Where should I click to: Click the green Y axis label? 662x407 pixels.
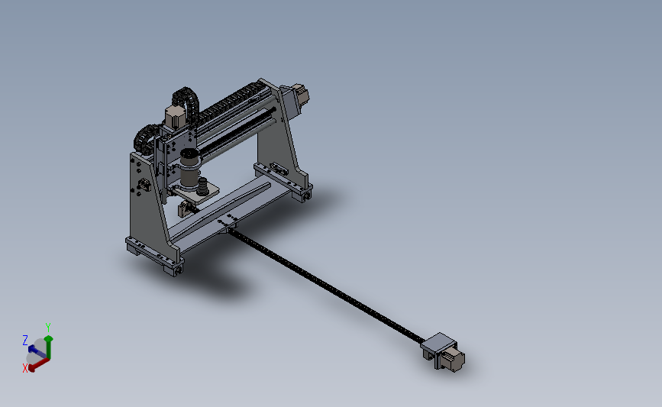pyautogui.click(x=48, y=327)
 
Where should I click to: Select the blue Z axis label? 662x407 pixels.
pyautogui.click(x=25, y=340)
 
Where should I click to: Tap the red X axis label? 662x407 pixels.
pyautogui.click(x=25, y=367)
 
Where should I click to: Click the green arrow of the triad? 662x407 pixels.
pyautogui.click(x=50, y=344)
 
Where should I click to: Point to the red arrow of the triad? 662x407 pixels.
pyautogui.click(x=38, y=363)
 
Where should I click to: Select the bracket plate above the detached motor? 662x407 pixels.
pyautogui.click(x=440, y=343)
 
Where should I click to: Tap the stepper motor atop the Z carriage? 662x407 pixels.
pyautogui.click(x=173, y=116)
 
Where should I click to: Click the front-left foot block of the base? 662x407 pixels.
pyautogui.click(x=171, y=267)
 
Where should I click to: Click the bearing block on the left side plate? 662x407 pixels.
pyautogui.click(x=142, y=186)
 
